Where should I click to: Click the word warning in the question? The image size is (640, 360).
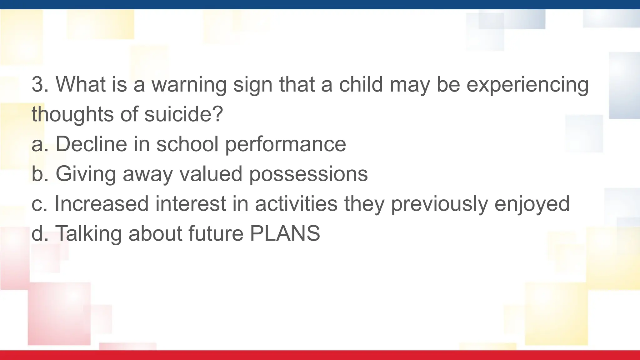(189, 85)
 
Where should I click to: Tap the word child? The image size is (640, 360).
(361, 84)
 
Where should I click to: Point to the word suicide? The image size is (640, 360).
(183, 114)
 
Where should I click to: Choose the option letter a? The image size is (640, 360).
(37, 144)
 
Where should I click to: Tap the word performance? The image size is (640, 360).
(285, 144)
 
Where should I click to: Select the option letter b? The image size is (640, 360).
(37, 174)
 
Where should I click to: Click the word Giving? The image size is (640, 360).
(86, 174)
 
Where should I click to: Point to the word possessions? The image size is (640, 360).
(308, 174)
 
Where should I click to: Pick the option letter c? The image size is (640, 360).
(37, 204)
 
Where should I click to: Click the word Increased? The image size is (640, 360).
(101, 203)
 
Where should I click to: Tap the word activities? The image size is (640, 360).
(296, 203)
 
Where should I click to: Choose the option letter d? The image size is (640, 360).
(37, 233)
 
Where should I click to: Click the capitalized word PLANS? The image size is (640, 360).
(285, 233)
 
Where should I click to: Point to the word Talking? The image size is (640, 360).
(88, 233)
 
